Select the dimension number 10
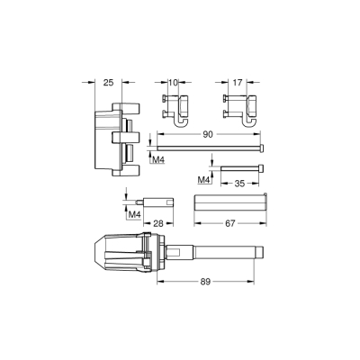pos(175,82)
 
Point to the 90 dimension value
pos(207,134)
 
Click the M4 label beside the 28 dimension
pos(131,214)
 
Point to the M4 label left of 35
pos(203,181)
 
